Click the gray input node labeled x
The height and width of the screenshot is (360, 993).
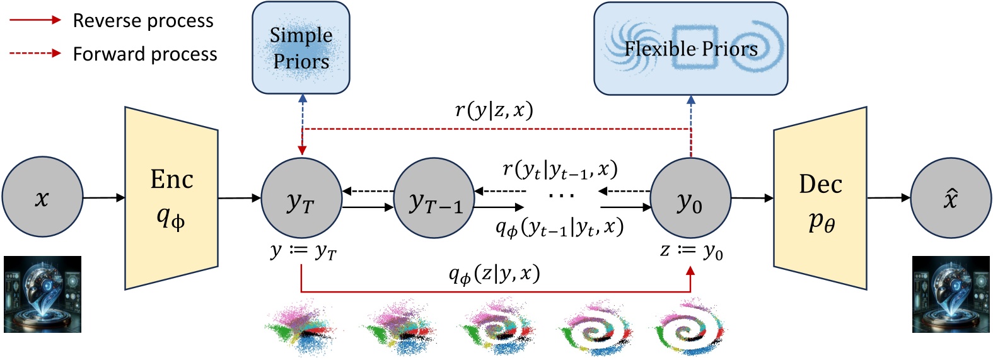[42, 197]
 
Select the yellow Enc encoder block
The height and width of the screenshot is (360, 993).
[171, 198]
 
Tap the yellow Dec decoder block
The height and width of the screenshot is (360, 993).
[820, 198]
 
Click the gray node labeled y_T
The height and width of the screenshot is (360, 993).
[301, 197]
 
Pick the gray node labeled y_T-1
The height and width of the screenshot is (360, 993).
[434, 197]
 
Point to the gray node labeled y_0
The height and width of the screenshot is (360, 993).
[690, 197]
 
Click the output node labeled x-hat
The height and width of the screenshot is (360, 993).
[951, 197]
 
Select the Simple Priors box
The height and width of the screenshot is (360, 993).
[301, 48]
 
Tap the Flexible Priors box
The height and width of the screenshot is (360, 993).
[690, 49]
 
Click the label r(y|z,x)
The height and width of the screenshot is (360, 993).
[494, 110]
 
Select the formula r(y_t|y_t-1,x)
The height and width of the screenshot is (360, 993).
[560, 169]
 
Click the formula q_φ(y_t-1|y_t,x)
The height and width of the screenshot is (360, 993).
[559, 226]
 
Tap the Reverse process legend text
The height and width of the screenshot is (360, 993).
[143, 21]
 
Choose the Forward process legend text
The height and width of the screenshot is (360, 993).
[145, 54]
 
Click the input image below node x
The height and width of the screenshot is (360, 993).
[42, 294]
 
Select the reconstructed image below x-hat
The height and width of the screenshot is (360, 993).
[951, 294]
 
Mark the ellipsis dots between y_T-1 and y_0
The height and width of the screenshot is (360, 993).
[561, 195]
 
